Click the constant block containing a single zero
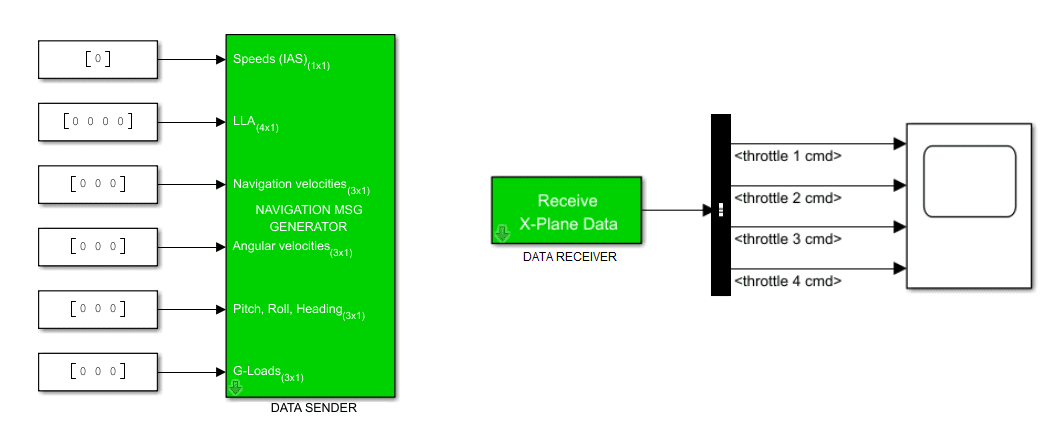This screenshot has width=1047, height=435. pyautogui.click(x=97, y=59)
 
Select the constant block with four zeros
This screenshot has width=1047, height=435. pyautogui.click(x=97, y=122)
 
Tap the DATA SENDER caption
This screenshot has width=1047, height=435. pyautogui.click(x=313, y=408)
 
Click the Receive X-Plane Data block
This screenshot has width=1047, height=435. pyautogui.click(x=566, y=211)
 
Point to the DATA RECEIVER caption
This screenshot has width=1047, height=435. pyautogui.click(x=569, y=256)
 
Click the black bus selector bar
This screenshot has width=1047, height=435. pyautogui.click(x=721, y=205)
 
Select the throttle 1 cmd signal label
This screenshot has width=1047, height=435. pyautogui.click(x=787, y=156)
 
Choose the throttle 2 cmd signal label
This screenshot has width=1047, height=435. pyautogui.click(x=787, y=198)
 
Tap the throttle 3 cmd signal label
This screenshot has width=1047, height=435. pyautogui.click(x=787, y=239)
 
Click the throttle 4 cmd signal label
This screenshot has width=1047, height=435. pyautogui.click(x=787, y=281)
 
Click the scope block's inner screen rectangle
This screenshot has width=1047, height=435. pyautogui.click(x=969, y=181)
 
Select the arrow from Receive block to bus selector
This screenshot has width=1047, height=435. pyautogui.click(x=676, y=211)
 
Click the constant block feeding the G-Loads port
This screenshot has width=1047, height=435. pyautogui.click(x=97, y=371)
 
